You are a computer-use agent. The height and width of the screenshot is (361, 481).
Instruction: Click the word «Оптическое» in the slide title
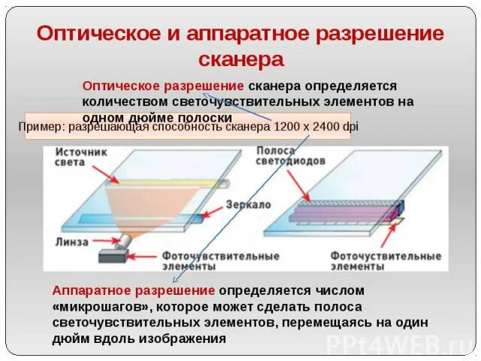pos(91,34)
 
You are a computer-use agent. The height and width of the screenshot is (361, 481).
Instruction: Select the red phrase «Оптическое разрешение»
pos(162,86)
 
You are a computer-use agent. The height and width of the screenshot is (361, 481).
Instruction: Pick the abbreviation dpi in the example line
pos(350,126)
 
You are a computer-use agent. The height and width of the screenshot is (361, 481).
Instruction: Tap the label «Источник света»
pos(80,157)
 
